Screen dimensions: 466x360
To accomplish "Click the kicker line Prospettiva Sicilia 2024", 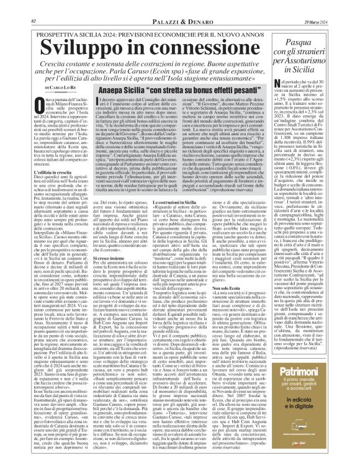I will coord(134,18).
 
